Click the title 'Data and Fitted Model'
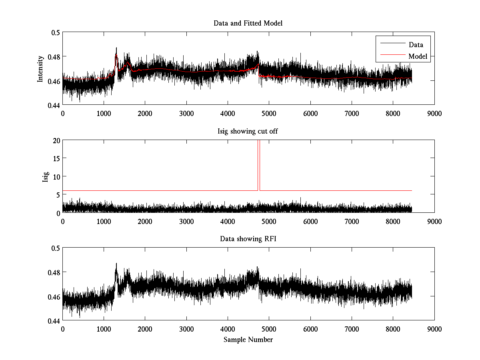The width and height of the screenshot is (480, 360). pyautogui.click(x=248, y=23)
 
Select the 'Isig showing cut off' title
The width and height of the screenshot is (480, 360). pyautogui.click(x=248, y=131)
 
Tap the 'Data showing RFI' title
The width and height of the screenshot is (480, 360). pyautogui.click(x=248, y=239)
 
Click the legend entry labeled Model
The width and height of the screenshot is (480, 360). pyautogui.click(x=418, y=56)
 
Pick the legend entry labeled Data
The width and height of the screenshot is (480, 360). pyautogui.click(x=416, y=45)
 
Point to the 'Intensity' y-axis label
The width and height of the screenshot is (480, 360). pyautogui.click(x=40, y=68)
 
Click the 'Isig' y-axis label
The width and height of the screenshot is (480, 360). pyautogui.click(x=45, y=176)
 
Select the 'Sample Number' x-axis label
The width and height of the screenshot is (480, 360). pyautogui.click(x=248, y=340)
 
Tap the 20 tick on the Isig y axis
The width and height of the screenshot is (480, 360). pyautogui.click(x=56, y=140)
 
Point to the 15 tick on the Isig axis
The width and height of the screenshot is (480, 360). pyautogui.click(x=56, y=158)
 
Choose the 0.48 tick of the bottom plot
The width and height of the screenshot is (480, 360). pyautogui.click(x=53, y=272)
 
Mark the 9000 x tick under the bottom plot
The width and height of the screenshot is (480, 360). pyautogui.click(x=434, y=329)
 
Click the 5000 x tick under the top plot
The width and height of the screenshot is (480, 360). pyautogui.click(x=269, y=113)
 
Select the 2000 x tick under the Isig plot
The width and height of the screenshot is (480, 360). pyautogui.click(x=145, y=221)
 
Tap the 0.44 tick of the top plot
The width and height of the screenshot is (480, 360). pyautogui.click(x=53, y=105)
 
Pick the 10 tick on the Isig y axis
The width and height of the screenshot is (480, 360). pyautogui.click(x=56, y=176)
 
